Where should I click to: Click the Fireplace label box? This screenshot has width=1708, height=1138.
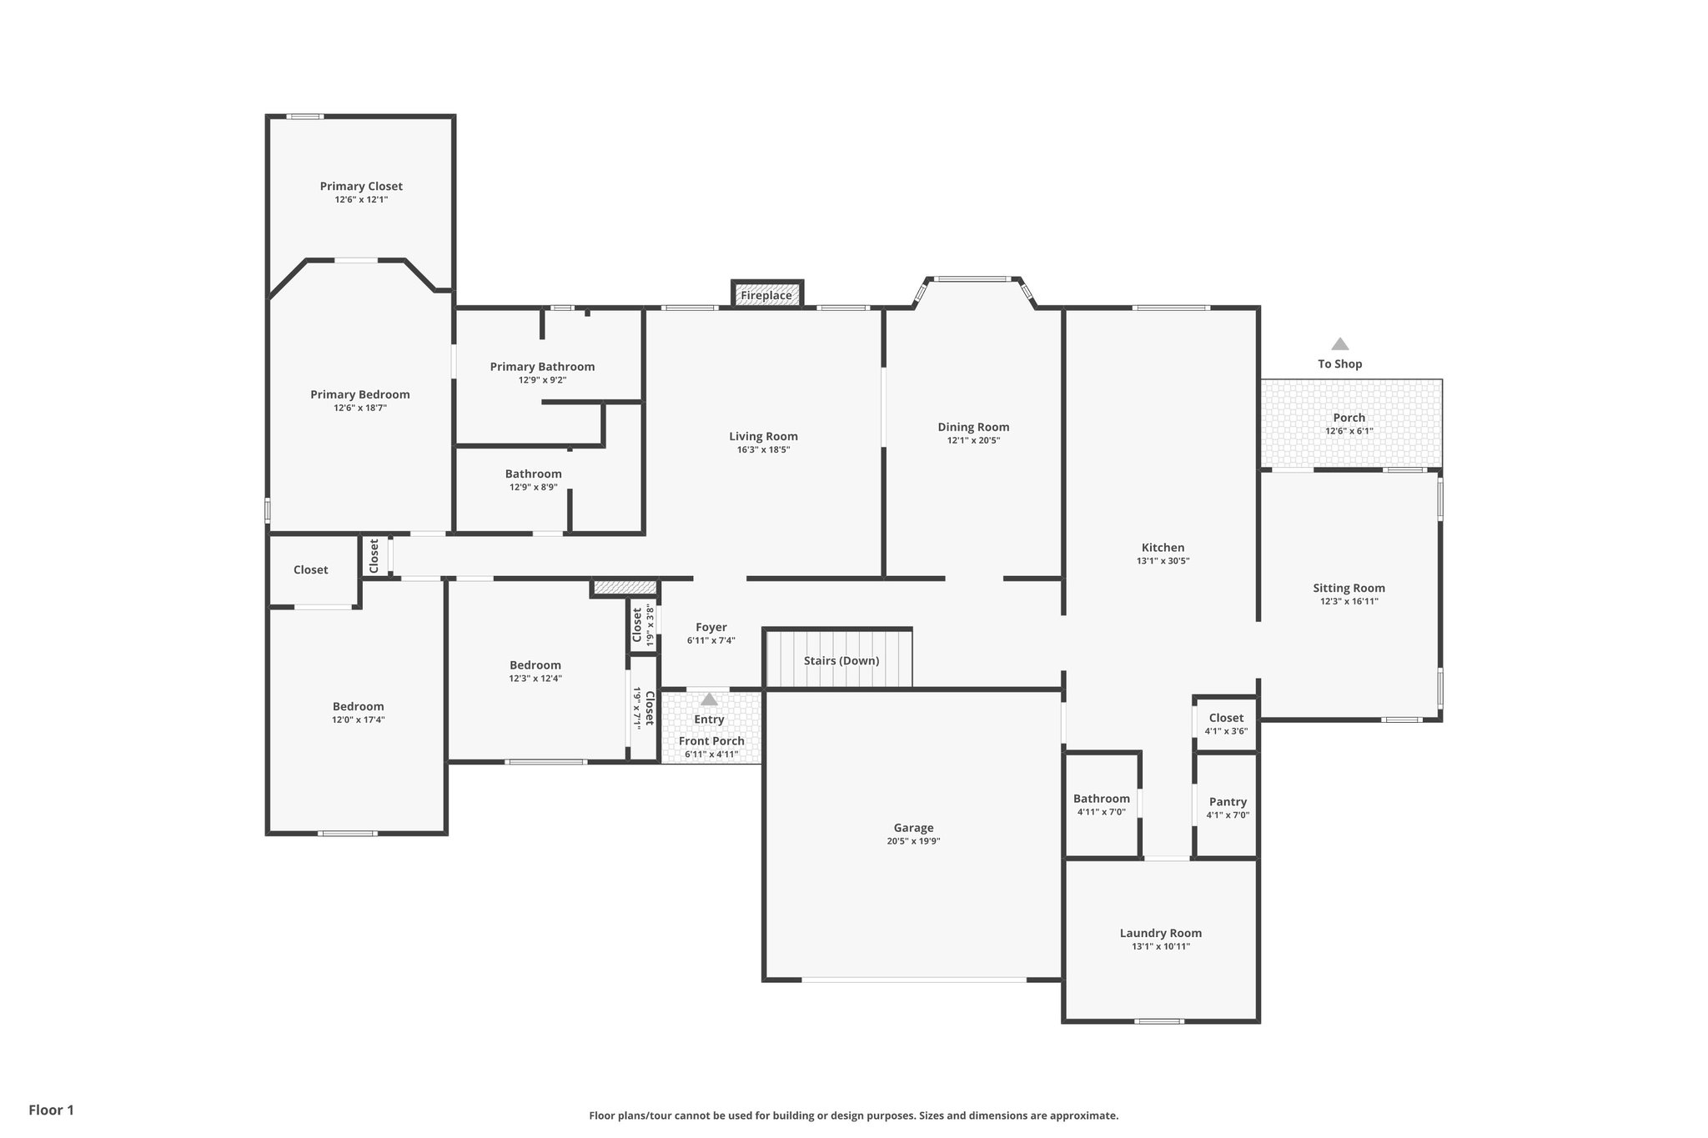(x=766, y=295)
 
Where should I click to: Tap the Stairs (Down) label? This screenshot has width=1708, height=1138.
(x=841, y=660)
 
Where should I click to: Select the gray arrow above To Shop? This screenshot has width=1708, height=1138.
(x=1339, y=343)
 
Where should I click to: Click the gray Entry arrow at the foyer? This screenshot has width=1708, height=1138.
(x=709, y=699)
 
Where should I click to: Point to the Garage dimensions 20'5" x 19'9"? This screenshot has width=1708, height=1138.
(x=913, y=841)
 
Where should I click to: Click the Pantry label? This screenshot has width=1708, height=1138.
(x=1228, y=801)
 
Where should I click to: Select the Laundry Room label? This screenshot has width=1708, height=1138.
(x=1160, y=933)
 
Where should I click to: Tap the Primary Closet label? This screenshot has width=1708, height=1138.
(x=361, y=186)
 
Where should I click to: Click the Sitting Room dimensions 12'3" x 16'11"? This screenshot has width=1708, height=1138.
(x=1349, y=601)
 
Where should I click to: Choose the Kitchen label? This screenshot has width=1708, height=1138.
(x=1163, y=548)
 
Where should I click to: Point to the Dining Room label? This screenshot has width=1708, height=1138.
(x=973, y=427)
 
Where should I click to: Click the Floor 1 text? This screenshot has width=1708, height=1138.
(x=52, y=1110)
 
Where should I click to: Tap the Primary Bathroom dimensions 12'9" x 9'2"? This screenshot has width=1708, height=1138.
(x=542, y=380)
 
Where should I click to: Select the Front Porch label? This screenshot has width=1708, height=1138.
(x=711, y=740)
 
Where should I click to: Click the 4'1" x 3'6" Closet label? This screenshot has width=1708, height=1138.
(x=1226, y=718)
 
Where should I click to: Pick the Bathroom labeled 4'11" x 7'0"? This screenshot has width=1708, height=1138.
(x=1101, y=799)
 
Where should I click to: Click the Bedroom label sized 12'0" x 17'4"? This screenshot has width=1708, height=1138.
(x=358, y=706)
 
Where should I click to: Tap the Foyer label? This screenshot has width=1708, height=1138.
(x=711, y=627)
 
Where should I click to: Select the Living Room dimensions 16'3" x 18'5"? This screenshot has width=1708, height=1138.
(x=763, y=449)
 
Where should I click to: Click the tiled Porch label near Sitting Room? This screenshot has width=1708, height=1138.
(x=1349, y=418)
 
